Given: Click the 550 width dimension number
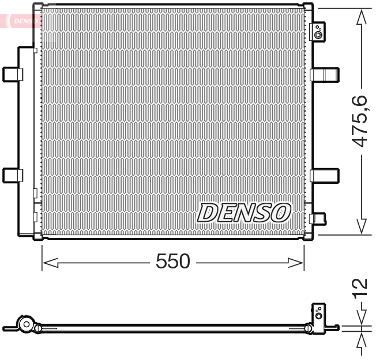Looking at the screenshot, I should tap(173, 262).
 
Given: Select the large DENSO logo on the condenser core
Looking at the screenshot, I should tap(243, 213).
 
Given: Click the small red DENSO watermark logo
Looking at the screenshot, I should tap(23, 21).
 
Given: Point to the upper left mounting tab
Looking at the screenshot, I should tap(12, 74).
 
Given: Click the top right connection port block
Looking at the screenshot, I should tap(318, 32).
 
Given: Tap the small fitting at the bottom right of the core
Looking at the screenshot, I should tap(318, 218).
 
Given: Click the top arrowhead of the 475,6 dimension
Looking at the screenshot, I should tap(362, 17).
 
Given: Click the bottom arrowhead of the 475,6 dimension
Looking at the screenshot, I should tap(362, 227).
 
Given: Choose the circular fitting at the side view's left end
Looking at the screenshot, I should tap(25, 325).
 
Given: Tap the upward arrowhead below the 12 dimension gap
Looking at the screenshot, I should tap(362, 340).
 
